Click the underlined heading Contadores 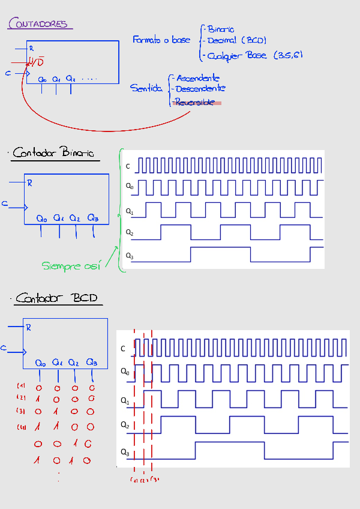(38, 24)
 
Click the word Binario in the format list (220, 29)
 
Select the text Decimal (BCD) (236, 41)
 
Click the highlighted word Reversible (194, 103)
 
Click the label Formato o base (161, 40)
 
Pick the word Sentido (146, 88)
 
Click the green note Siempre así (71, 265)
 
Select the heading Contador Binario (53, 153)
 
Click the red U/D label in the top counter (36, 62)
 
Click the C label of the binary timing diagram (128, 166)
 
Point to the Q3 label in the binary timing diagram (129, 256)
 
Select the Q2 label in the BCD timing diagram (124, 425)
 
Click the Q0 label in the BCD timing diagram (124, 372)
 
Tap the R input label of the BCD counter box (28, 328)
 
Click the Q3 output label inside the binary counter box (92, 218)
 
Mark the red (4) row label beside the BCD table (21, 427)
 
